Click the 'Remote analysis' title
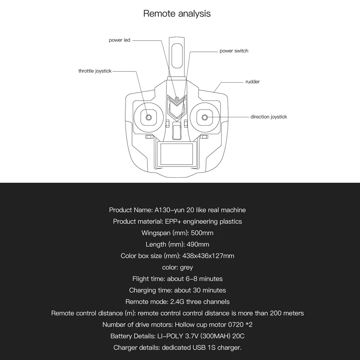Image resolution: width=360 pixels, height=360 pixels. click(177, 14)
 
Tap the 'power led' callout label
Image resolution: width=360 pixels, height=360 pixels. click(119, 40)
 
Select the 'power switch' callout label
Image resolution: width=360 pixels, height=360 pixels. click(234, 51)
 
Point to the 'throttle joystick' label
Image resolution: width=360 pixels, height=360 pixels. click(95, 71)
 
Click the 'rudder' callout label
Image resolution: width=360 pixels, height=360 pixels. click(252, 82)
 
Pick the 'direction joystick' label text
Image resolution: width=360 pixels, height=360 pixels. click(269, 117)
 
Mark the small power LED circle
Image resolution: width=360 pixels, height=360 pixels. click(177, 99)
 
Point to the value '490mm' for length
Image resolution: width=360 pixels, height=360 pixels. click(198, 245)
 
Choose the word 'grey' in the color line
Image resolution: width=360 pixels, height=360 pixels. click(186, 268)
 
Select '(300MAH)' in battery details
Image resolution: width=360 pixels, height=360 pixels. click(218, 337)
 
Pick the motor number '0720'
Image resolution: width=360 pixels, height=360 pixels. click(238, 325)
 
